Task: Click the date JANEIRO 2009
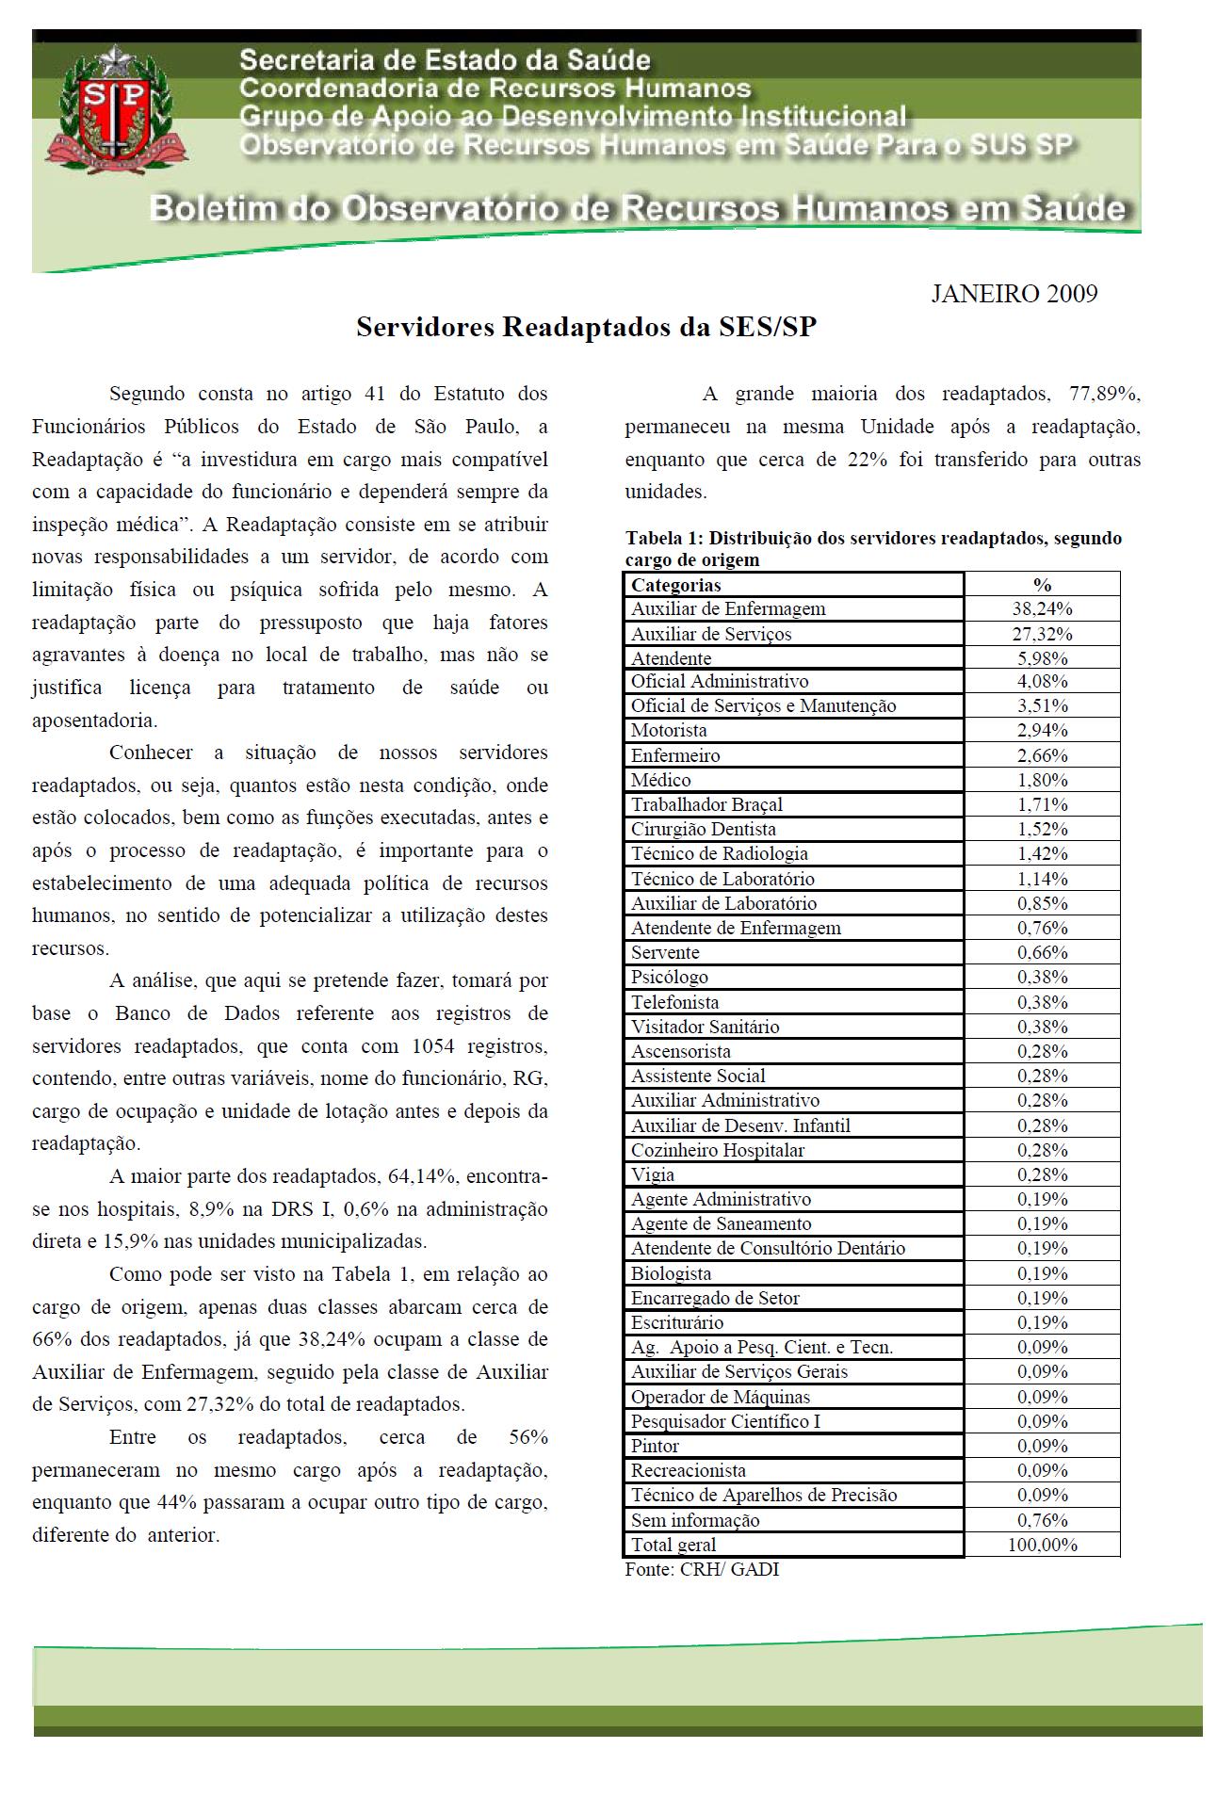(1014, 294)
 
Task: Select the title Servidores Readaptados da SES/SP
(586, 327)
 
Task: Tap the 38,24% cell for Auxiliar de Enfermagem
(1042, 609)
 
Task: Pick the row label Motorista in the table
(669, 731)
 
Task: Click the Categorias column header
(675, 585)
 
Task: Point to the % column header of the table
(1042, 585)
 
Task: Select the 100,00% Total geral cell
(1042, 1545)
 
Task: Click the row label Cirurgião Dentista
(704, 830)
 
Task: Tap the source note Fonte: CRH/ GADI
(702, 1569)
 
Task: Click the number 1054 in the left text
(432, 1046)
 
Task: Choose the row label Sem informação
(695, 1520)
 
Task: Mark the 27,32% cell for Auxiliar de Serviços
(1042, 634)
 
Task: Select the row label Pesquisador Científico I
(725, 1421)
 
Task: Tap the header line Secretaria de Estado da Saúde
(445, 60)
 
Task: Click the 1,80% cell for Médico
(1042, 781)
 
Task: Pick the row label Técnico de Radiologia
(720, 854)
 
